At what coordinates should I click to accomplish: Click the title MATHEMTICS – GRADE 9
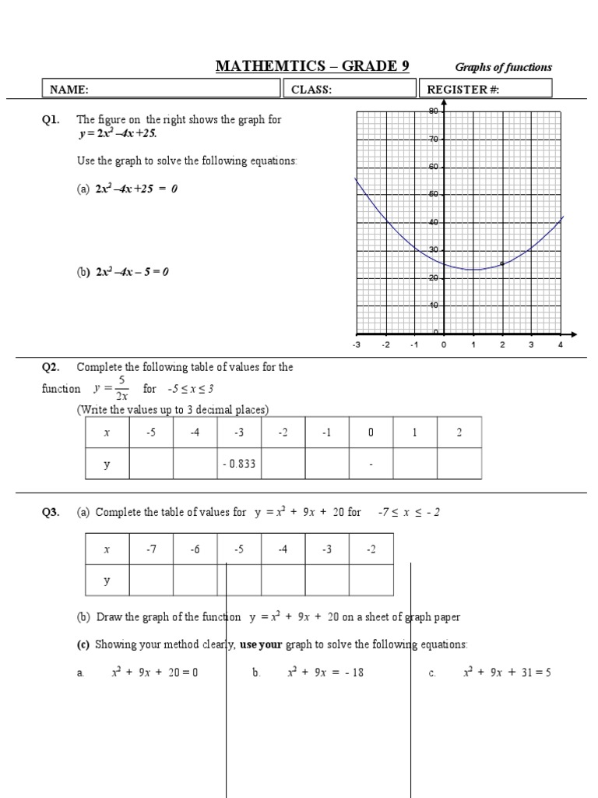312,66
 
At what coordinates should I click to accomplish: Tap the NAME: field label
69,90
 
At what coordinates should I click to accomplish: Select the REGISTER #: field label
463,90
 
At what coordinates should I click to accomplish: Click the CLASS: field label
311,90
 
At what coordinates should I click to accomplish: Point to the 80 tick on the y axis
434,111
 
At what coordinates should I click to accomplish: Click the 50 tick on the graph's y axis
434,194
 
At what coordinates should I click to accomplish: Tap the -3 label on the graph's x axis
357,344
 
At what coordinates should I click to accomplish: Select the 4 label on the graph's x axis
560,344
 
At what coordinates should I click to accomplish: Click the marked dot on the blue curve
502,263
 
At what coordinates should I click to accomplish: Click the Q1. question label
51,120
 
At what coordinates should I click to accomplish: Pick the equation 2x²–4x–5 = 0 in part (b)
132,272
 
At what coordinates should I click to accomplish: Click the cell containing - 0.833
239,464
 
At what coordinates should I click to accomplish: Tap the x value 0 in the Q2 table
371,433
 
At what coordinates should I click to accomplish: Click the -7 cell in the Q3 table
151,549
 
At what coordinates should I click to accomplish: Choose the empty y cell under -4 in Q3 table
283,581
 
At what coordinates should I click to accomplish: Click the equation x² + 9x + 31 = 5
506,672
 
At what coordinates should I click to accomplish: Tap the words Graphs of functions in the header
503,67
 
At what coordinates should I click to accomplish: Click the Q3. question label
51,512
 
